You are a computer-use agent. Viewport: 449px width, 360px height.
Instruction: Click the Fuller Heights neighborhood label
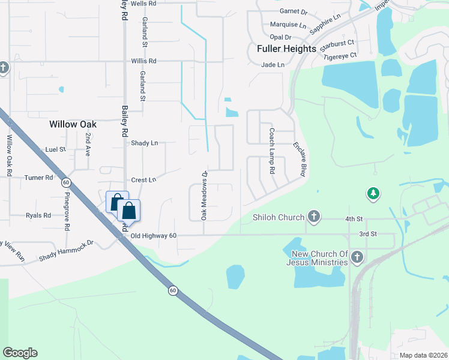coord(286,49)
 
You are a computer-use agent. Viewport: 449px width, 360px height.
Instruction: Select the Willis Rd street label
coord(144,61)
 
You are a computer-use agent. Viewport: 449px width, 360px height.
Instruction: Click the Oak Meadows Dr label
coord(204,195)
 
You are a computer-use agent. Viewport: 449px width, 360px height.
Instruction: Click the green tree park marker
coord(373,193)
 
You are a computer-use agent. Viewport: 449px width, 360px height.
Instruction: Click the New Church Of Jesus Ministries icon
coord(357,258)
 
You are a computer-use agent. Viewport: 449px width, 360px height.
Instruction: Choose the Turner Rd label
coord(39,178)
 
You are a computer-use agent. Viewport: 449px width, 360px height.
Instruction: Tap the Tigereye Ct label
coord(340,56)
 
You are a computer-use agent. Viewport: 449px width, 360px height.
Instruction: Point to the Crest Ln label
coord(143,180)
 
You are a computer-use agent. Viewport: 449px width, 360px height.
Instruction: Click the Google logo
coord(20,353)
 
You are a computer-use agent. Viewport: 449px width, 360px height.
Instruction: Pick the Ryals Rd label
coord(39,215)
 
